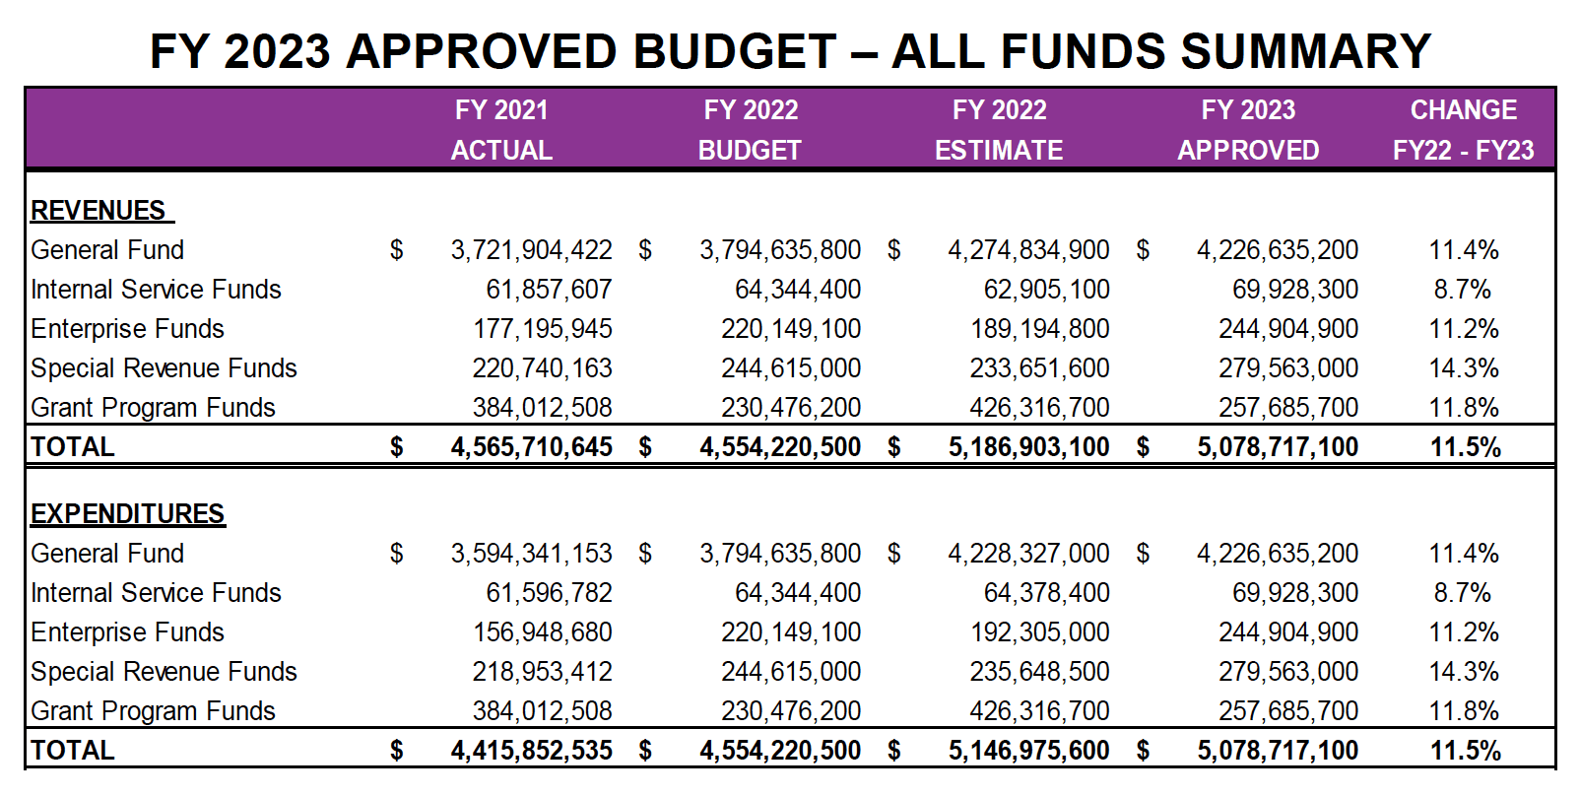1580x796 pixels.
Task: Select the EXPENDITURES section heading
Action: [128, 514]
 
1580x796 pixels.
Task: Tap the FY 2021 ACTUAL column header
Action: [501, 130]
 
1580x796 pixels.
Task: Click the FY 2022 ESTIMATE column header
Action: [999, 130]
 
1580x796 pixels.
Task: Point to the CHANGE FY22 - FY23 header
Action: [1463, 130]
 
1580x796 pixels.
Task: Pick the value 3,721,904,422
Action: [531, 250]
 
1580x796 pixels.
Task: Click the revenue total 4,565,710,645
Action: [531, 447]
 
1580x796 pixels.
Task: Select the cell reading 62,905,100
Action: [1046, 290]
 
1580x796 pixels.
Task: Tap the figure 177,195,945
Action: [542, 329]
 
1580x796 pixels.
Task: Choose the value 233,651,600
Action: [1039, 368]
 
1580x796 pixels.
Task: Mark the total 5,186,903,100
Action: [1028, 447]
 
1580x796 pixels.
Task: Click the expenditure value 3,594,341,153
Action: [531, 554]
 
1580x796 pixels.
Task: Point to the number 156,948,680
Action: [542, 632]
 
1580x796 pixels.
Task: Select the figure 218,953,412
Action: [542, 672]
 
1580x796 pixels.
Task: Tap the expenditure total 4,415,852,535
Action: [531, 751]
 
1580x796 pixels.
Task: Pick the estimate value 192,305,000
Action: [1039, 632]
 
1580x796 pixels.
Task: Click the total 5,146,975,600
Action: [1028, 751]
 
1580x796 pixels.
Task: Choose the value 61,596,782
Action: [549, 593]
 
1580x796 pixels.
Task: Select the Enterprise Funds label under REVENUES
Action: [127, 329]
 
